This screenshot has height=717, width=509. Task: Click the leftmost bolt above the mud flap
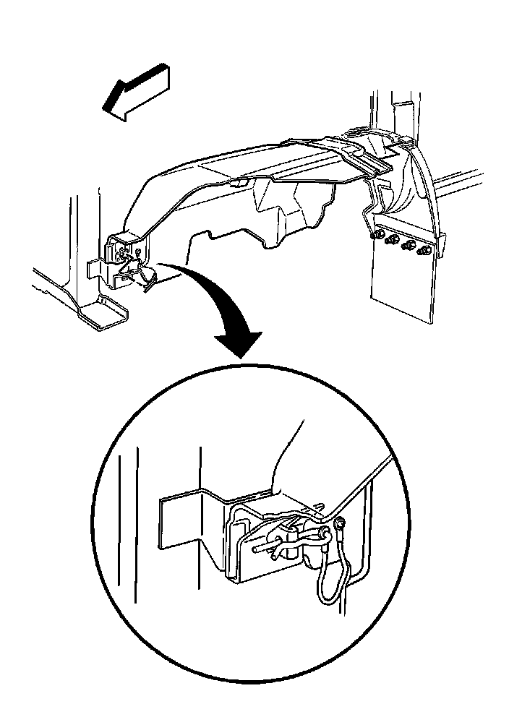pyautogui.click(x=375, y=236)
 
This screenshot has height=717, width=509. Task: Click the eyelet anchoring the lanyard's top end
pyautogui.click(x=339, y=524)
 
